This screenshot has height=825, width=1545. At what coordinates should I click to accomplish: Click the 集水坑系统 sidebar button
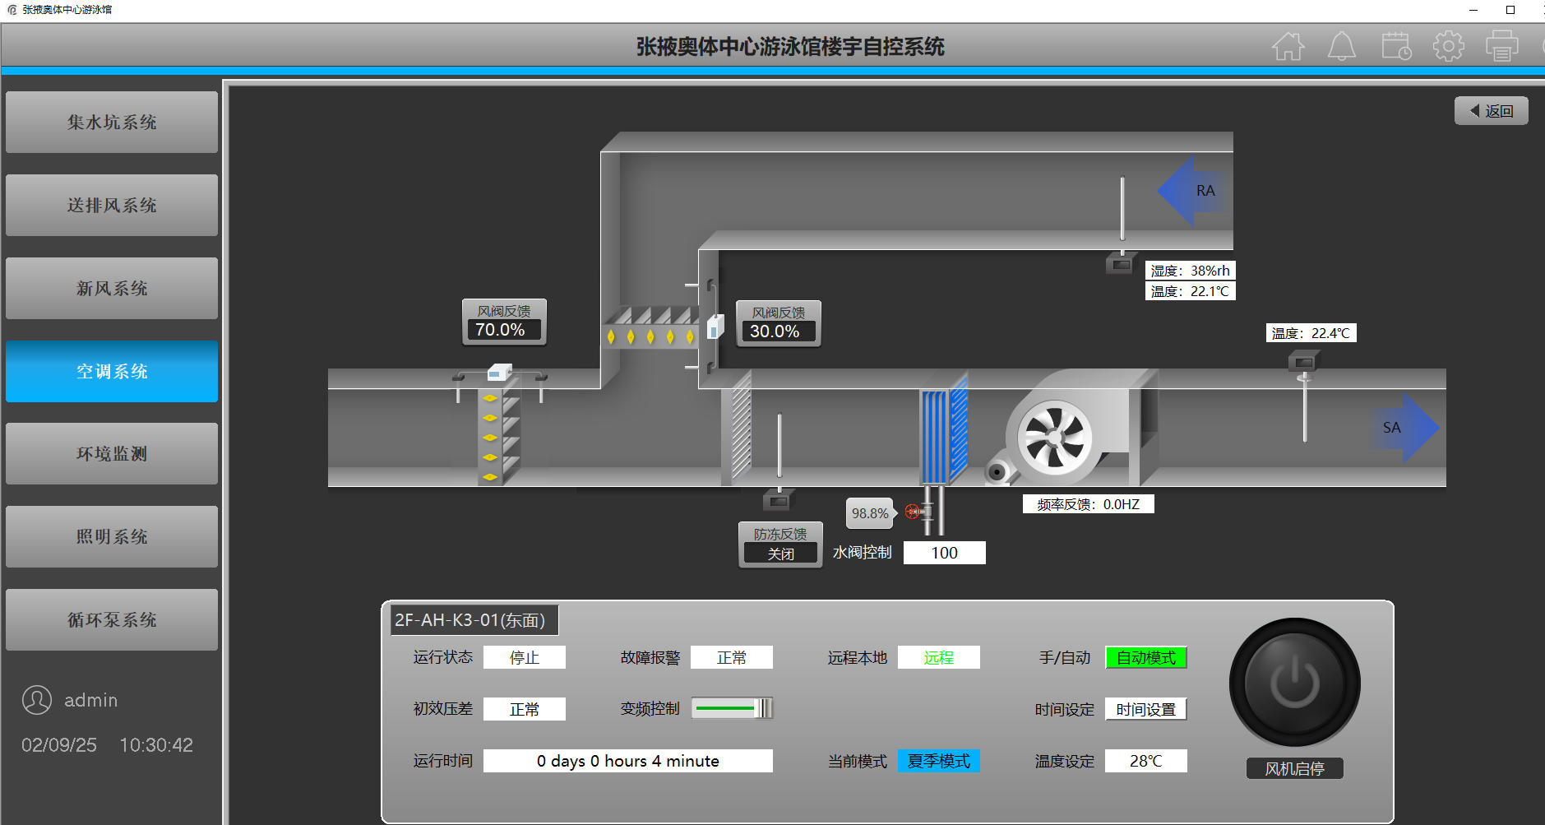point(112,122)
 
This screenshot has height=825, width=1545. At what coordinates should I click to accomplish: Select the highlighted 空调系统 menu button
point(112,371)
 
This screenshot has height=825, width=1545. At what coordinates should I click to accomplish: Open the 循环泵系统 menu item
point(112,619)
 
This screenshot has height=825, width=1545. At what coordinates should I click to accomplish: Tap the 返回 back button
point(1492,111)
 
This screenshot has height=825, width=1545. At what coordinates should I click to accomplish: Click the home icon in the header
point(1288,46)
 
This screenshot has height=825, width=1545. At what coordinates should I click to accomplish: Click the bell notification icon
point(1342,46)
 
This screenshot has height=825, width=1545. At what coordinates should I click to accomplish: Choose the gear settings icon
point(1449,46)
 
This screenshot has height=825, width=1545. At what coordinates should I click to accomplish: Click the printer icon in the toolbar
point(1501,46)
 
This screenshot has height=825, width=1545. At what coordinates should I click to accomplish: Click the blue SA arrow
point(1405,428)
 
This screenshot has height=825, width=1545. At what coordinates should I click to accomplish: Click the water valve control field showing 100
point(944,553)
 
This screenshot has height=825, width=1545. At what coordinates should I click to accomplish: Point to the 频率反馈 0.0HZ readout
point(1088,504)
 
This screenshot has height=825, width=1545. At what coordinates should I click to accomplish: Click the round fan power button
point(1294,684)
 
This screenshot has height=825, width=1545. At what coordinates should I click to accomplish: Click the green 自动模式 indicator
point(1146,658)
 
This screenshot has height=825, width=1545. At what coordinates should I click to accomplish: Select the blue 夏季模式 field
point(938,761)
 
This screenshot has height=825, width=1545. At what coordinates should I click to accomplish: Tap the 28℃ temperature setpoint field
point(1145,761)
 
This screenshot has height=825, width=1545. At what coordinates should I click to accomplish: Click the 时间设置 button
point(1146,709)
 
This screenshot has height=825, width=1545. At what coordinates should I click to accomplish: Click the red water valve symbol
point(913,512)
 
